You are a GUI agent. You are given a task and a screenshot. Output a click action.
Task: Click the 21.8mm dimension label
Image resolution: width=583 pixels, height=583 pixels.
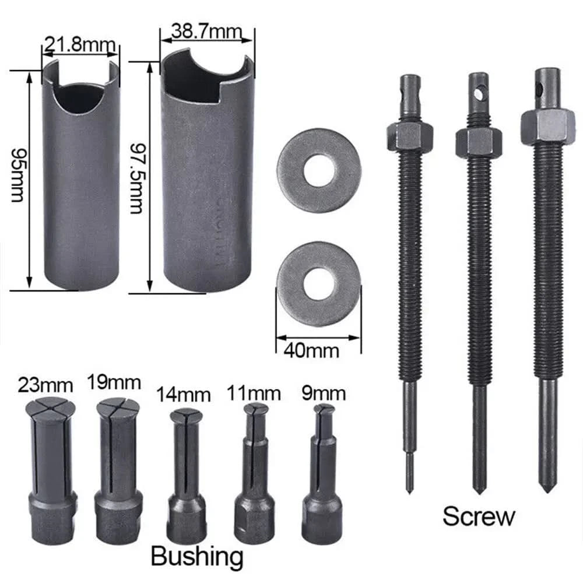coord(80,44)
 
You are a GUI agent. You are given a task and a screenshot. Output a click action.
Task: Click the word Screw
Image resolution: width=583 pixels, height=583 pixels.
coord(479,516)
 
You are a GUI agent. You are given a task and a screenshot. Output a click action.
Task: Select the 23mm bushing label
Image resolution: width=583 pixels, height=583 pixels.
coord(45,385)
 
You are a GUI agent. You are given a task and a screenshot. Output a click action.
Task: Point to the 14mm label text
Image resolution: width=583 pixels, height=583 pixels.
coord(183,395)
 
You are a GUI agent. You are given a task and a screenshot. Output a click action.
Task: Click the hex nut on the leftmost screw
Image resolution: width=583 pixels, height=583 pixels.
coord(409,136)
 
